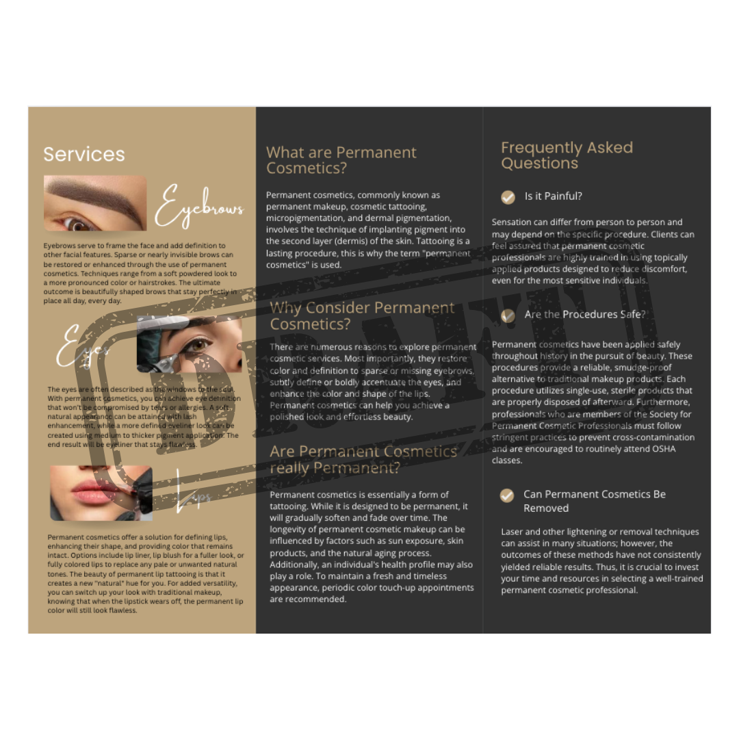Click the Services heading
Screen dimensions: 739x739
click(x=84, y=154)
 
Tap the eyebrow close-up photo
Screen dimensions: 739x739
click(x=95, y=203)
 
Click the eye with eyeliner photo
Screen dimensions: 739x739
click(x=190, y=344)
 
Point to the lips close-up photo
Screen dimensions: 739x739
click(x=101, y=493)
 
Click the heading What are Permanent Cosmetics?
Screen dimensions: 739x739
click(x=341, y=160)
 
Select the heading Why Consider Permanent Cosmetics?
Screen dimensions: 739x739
click(x=362, y=315)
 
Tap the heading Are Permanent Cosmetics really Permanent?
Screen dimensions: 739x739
click(x=363, y=459)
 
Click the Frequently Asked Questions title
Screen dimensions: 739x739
click(x=567, y=155)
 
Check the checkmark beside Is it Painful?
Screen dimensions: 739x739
click(x=508, y=197)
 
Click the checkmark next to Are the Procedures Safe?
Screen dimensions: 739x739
click(x=508, y=315)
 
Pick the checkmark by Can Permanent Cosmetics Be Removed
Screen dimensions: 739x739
click(x=507, y=495)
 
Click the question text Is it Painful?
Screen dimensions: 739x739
click(x=553, y=196)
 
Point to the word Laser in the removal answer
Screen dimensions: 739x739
click(x=513, y=532)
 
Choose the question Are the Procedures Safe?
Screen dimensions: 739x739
click(x=584, y=315)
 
